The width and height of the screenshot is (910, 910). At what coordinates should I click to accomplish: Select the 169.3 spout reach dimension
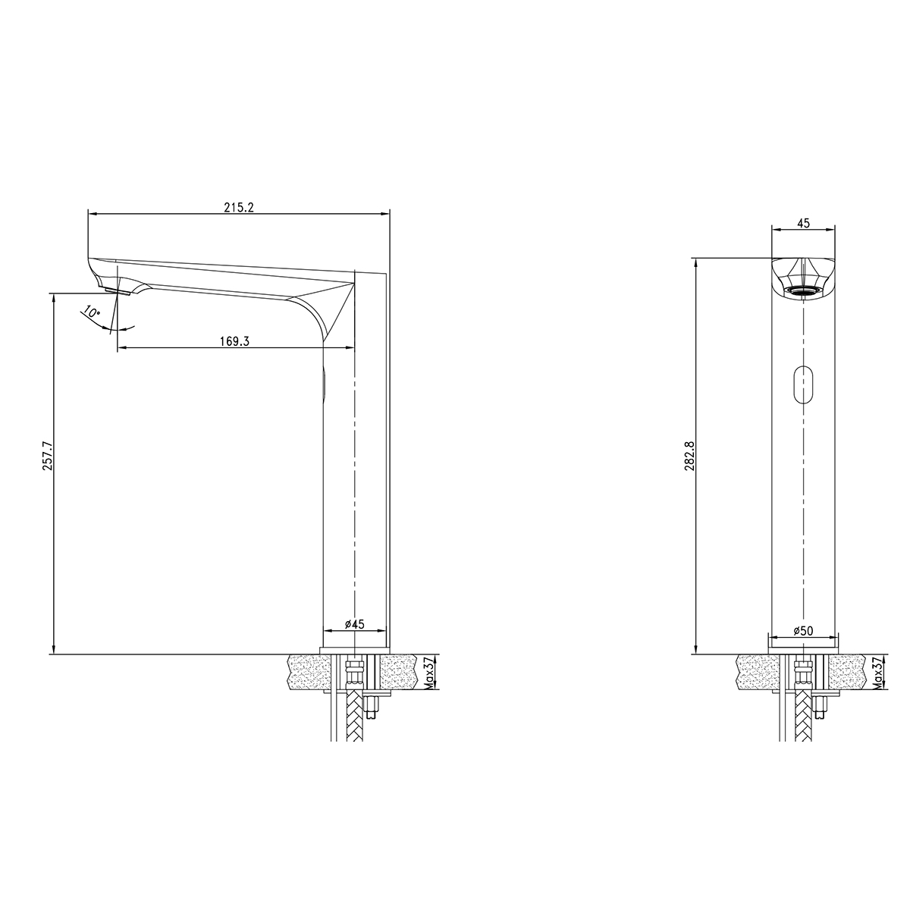tap(235, 341)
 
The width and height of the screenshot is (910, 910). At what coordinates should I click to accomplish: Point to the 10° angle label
tap(92, 312)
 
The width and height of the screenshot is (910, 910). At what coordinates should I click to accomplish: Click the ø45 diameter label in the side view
tap(354, 624)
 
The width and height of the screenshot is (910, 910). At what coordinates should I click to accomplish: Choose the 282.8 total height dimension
tap(689, 455)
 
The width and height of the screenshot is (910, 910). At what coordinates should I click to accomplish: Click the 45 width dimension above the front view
tap(803, 222)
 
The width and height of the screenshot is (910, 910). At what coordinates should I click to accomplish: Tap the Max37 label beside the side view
tap(429, 673)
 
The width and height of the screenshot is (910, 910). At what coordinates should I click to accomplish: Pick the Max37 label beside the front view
tap(877, 673)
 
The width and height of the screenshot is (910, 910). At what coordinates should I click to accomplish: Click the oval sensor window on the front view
tap(802, 384)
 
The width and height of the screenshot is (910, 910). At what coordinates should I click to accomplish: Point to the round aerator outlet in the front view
tap(802, 290)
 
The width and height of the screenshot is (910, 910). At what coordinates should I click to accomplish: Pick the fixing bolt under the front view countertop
tap(820, 707)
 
